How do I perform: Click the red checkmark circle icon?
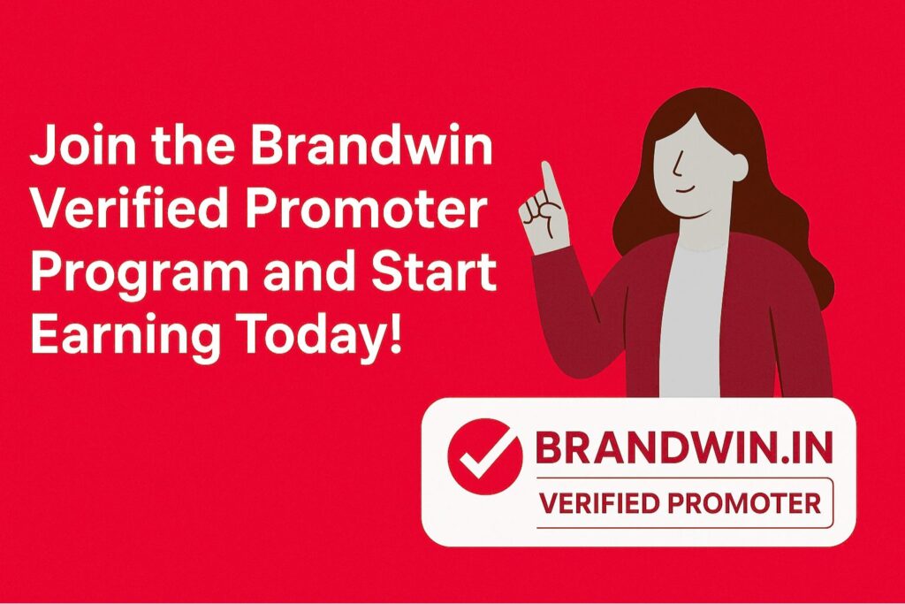click(485, 456)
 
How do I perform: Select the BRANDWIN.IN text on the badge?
click(684, 447)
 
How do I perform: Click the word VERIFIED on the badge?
click(600, 503)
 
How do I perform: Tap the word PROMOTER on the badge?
click(744, 503)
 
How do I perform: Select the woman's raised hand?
click(544, 210)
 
